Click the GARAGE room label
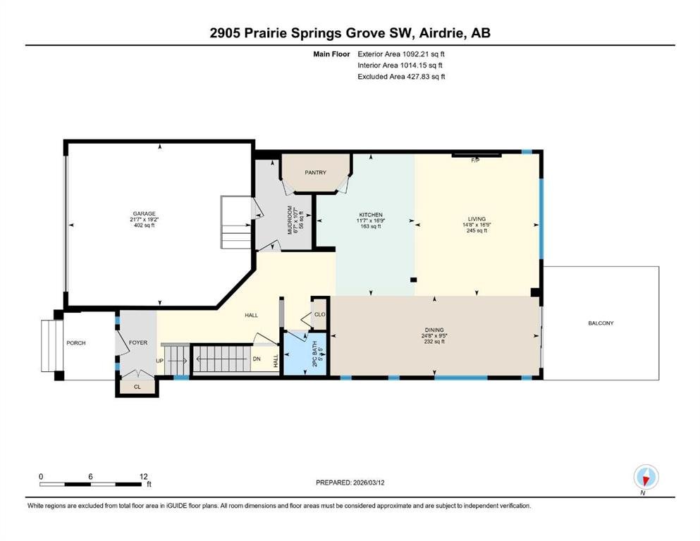[145, 213]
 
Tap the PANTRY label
[316, 172]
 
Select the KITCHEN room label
[371, 215]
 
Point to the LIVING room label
[477, 219]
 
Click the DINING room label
[434, 330]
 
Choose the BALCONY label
[601, 323]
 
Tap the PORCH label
[76, 343]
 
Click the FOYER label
[138, 342]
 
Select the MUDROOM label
[290, 220]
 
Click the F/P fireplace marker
[475, 161]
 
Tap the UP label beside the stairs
[159, 361]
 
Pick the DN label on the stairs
[257, 359]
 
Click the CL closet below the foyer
[137, 387]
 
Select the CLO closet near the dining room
[319, 314]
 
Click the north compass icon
[646, 477]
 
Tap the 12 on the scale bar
[143, 476]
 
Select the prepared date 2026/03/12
[369, 483]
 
